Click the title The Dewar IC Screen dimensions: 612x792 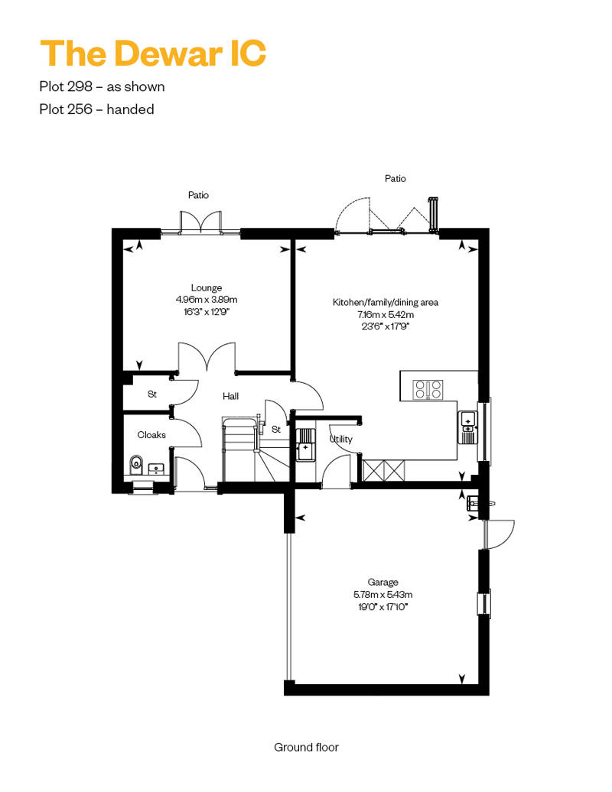tap(153, 53)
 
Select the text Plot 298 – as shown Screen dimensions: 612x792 tap(102, 86)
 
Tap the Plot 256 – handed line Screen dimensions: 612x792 tap(96, 109)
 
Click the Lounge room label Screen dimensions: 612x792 tap(207, 287)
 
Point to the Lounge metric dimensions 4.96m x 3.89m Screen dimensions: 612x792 tap(207, 300)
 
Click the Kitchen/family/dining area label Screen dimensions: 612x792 tap(385, 302)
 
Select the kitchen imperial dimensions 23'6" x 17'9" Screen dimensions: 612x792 tap(385, 326)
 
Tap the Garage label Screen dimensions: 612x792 tap(382, 582)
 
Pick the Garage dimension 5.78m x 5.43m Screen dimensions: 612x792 tap(382, 595)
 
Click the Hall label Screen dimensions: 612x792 tap(230, 396)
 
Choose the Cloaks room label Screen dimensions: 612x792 tap(151, 434)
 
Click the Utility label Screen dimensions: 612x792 tap(341, 439)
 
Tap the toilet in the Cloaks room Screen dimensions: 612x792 tap(136, 465)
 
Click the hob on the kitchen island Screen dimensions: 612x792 tap(428, 389)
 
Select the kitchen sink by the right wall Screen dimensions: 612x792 tap(468, 427)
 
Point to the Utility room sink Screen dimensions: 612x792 tap(304, 444)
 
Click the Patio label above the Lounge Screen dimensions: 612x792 tap(198, 195)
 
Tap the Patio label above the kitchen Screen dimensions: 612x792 tap(396, 178)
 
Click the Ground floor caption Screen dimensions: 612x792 tap(306, 747)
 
